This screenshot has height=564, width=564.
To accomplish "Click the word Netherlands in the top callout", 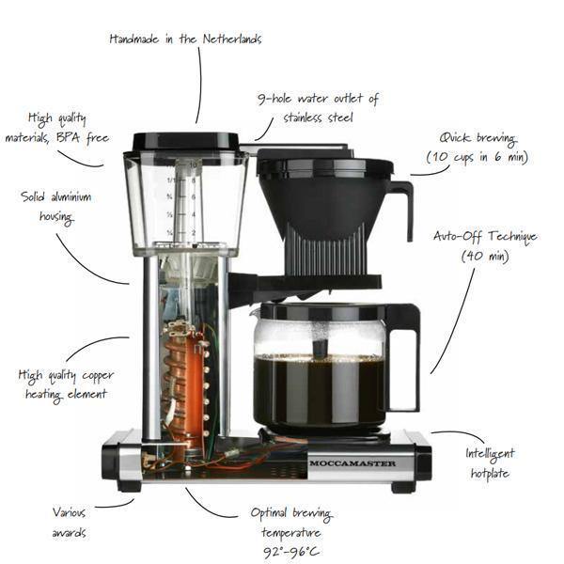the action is (x=232, y=39).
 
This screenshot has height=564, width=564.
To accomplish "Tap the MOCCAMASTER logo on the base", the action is (x=352, y=463).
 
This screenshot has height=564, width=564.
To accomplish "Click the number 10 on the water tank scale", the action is (x=193, y=164).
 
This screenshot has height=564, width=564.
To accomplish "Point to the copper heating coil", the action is (x=182, y=382).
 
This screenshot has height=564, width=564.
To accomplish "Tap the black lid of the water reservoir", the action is (x=185, y=141).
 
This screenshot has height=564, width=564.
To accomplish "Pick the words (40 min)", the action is (x=485, y=256).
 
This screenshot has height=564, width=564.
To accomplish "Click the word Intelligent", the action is (x=490, y=454).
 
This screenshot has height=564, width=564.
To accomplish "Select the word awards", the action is (x=69, y=533).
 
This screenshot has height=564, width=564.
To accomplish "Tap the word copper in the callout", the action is (x=98, y=376).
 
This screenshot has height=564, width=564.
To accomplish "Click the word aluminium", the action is (x=70, y=197).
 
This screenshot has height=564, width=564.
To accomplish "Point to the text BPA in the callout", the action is (x=68, y=138).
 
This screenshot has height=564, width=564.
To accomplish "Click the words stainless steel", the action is (x=318, y=117).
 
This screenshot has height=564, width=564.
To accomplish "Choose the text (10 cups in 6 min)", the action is (x=477, y=157).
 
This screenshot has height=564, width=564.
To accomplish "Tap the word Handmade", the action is (x=133, y=39).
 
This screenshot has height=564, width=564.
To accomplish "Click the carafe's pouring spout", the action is (x=256, y=310).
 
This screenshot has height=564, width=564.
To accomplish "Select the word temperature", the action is (x=291, y=533).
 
